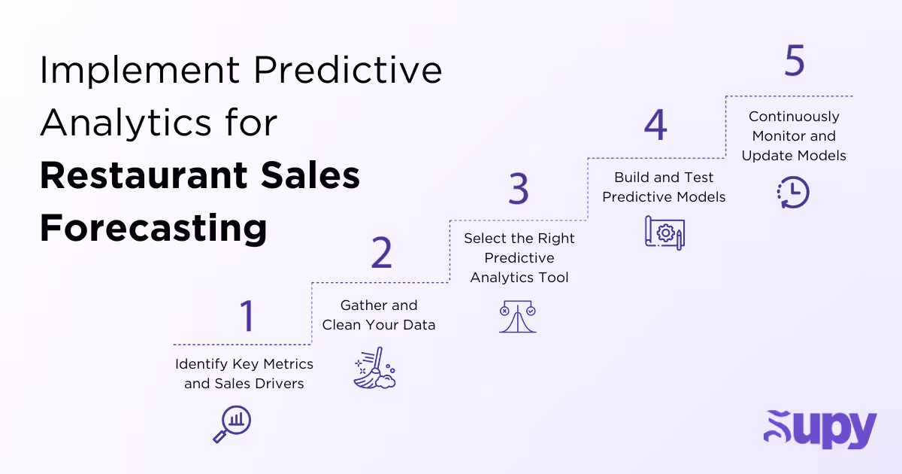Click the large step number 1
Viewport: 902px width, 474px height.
(247, 316)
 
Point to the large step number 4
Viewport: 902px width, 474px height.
(655, 125)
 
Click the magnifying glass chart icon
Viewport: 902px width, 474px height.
(232, 424)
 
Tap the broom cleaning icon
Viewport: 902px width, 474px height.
(374, 367)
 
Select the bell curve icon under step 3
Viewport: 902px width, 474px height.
(518, 317)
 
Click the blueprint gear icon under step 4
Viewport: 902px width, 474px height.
(665, 232)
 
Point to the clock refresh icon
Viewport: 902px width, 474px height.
(793, 192)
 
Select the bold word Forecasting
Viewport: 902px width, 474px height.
(153, 227)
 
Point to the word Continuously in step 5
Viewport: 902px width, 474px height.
(794, 117)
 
